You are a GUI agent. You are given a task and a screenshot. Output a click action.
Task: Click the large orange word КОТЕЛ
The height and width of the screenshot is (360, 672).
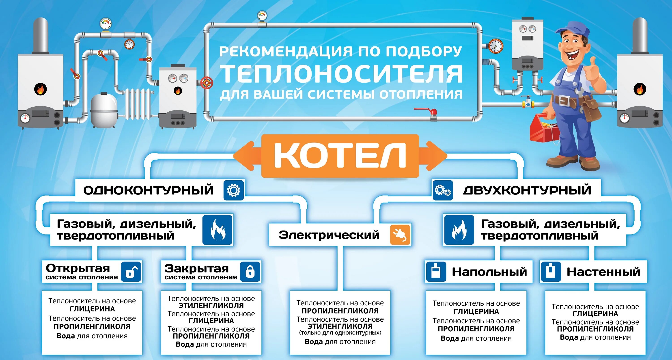(x=340, y=156)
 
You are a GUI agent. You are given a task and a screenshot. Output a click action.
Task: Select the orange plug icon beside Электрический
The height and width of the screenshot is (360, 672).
(x=400, y=235)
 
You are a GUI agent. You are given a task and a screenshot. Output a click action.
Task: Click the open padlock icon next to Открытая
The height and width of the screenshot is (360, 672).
(x=131, y=272)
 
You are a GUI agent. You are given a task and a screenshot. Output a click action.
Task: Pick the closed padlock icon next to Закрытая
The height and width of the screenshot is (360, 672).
(x=250, y=272)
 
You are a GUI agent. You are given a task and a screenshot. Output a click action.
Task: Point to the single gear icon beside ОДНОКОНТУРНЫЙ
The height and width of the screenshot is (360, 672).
(x=233, y=190)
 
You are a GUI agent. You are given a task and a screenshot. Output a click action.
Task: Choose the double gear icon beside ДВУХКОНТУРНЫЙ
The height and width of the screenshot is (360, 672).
(x=443, y=190)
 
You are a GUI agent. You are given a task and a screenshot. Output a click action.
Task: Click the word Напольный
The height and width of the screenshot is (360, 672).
(x=489, y=272)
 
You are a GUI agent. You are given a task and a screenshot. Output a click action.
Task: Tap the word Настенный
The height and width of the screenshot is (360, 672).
(x=603, y=272)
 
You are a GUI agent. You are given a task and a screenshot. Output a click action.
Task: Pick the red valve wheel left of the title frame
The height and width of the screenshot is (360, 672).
(x=207, y=83)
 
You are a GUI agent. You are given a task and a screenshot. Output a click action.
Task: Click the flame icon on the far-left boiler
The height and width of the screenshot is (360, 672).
(x=41, y=89)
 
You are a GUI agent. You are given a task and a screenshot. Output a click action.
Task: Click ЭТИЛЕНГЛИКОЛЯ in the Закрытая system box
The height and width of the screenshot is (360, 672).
(x=211, y=306)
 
